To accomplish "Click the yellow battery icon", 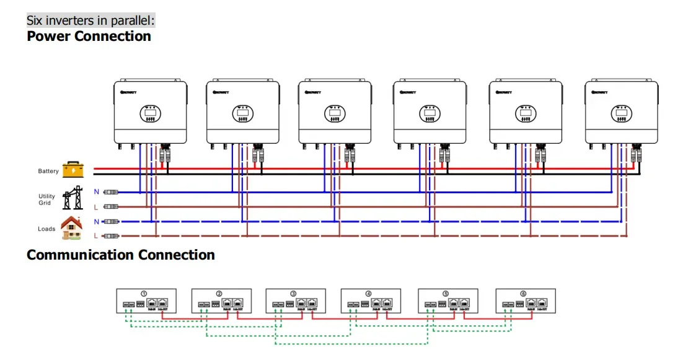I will tap(73, 170).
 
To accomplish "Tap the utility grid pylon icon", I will tap(73, 198).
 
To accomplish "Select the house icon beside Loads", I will tap(72, 228).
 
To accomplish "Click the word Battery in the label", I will tap(48, 171).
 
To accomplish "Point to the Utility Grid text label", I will tap(46, 200).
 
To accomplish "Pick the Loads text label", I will tap(46, 229).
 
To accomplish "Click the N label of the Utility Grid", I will tap(96, 191).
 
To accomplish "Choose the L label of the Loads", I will tap(96, 236).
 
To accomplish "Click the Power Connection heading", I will tap(89, 36).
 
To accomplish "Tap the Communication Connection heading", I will tap(121, 255).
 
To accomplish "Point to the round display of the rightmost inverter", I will tap(621, 113).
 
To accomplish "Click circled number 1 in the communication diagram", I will tap(144, 294).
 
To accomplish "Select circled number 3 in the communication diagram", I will tap(294, 294).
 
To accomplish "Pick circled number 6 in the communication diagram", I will tap(523, 294).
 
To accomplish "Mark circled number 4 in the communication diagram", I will tap(369, 294).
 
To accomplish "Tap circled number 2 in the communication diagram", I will tap(219, 294).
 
